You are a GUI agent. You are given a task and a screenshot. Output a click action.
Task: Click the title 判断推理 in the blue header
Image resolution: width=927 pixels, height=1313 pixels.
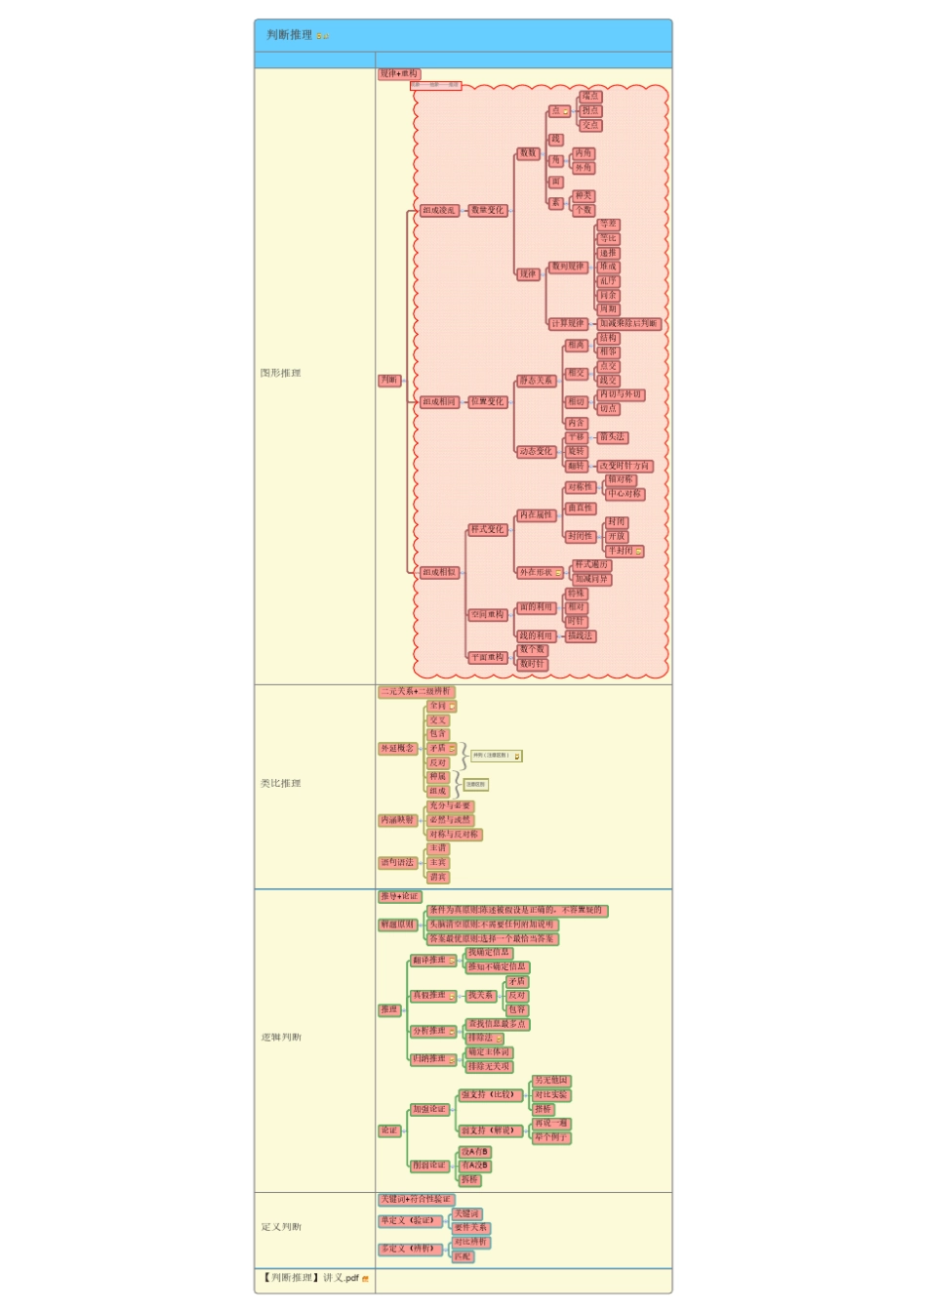pyautogui.click(x=290, y=35)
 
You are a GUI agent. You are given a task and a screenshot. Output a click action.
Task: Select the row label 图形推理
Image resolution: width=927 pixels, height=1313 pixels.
pyautogui.click(x=281, y=373)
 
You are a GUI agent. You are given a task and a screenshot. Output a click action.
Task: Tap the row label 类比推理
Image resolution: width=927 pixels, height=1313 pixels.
pyautogui.click(x=281, y=783)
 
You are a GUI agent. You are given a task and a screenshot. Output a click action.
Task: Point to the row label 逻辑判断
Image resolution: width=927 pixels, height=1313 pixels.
pyautogui.click(x=281, y=1037)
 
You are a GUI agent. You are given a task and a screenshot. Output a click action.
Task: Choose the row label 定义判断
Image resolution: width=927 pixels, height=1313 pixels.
pyautogui.click(x=281, y=1227)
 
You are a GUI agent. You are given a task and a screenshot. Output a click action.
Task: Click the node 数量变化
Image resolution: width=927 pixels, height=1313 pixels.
pyautogui.click(x=488, y=210)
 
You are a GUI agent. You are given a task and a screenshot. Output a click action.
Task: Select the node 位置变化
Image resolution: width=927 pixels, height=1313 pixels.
pyautogui.click(x=488, y=401)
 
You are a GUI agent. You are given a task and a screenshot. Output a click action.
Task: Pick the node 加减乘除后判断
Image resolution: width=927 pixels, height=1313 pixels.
pyautogui.click(x=629, y=323)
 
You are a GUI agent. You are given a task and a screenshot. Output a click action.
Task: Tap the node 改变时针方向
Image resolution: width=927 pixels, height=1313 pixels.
pyautogui.click(x=625, y=466)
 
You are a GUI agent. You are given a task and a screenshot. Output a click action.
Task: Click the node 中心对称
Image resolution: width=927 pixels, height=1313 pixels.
pyautogui.click(x=625, y=493)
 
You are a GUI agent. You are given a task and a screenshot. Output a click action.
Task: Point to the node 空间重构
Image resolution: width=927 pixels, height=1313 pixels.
pyautogui.click(x=488, y=614)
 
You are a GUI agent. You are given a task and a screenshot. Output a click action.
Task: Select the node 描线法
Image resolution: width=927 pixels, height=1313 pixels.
pyautogui.click(x=581, y=636)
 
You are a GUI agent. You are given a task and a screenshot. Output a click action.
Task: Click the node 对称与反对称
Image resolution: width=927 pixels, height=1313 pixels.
pyautogui.click(x=455, y=835)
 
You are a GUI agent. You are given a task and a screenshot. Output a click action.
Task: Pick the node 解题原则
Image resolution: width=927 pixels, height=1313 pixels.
pyautogui.click(x=398, y=924)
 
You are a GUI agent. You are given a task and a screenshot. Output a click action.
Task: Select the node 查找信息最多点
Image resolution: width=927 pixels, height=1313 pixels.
pyautogui.click(x=498, y=1024)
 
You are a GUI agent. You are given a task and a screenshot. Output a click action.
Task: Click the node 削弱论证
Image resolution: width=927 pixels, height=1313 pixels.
pyautogui.click(x=429, y=1166)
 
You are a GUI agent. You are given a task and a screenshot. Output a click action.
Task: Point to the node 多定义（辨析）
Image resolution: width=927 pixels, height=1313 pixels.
pyautogui.click(x=408, y=1249)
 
